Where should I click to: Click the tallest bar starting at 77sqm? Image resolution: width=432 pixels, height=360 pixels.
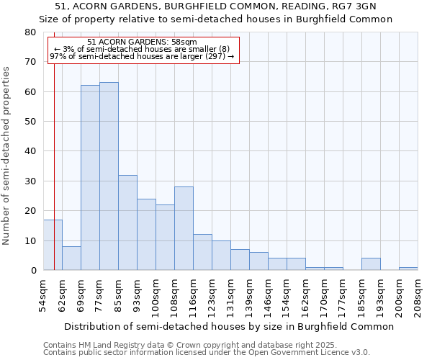109,176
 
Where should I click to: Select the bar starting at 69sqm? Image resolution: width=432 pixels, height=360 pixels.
90,178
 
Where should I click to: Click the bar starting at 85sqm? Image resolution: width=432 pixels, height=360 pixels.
127,222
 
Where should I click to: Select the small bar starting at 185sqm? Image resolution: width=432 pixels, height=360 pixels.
371,264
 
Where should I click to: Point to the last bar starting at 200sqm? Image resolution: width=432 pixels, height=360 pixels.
408,269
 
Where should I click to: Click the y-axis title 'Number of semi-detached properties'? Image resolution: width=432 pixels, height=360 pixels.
7,156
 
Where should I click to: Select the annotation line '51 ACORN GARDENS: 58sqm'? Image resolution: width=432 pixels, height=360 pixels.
142,42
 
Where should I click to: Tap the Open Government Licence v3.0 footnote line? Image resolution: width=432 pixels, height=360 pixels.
206,353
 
